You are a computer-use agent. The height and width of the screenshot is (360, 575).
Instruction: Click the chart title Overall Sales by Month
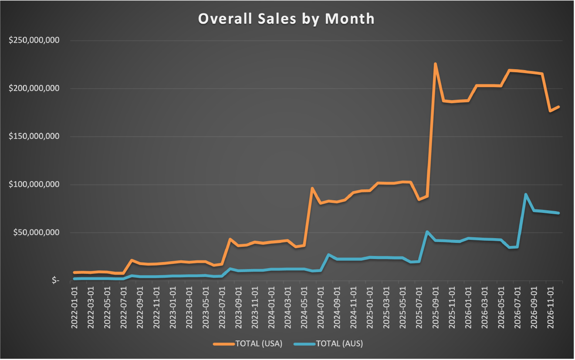(x=286, y=19)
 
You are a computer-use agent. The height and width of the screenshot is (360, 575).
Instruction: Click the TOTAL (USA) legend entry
(x=248, y=343)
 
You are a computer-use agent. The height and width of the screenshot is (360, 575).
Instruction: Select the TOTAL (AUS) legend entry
(x=328, y=343)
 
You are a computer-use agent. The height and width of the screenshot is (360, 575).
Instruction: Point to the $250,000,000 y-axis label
(x=34, y=40)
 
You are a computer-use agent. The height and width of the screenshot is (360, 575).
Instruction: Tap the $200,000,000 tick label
(x=34, y=88)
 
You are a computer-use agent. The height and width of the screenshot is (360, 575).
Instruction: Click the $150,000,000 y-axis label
(x=34, y=136)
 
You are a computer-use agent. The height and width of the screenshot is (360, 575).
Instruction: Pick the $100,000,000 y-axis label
(x=34, y=185)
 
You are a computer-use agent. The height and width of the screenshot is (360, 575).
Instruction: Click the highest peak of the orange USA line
(x=435, y=64)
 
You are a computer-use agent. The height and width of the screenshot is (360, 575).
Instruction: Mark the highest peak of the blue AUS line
(x=526, y=194)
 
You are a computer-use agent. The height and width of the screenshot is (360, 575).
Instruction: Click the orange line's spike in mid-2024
(x=312, y=188)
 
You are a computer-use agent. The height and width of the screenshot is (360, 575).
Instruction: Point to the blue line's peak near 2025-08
(x=427, y=232)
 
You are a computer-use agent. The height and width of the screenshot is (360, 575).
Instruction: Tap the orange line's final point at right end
(x=558, y=107)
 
